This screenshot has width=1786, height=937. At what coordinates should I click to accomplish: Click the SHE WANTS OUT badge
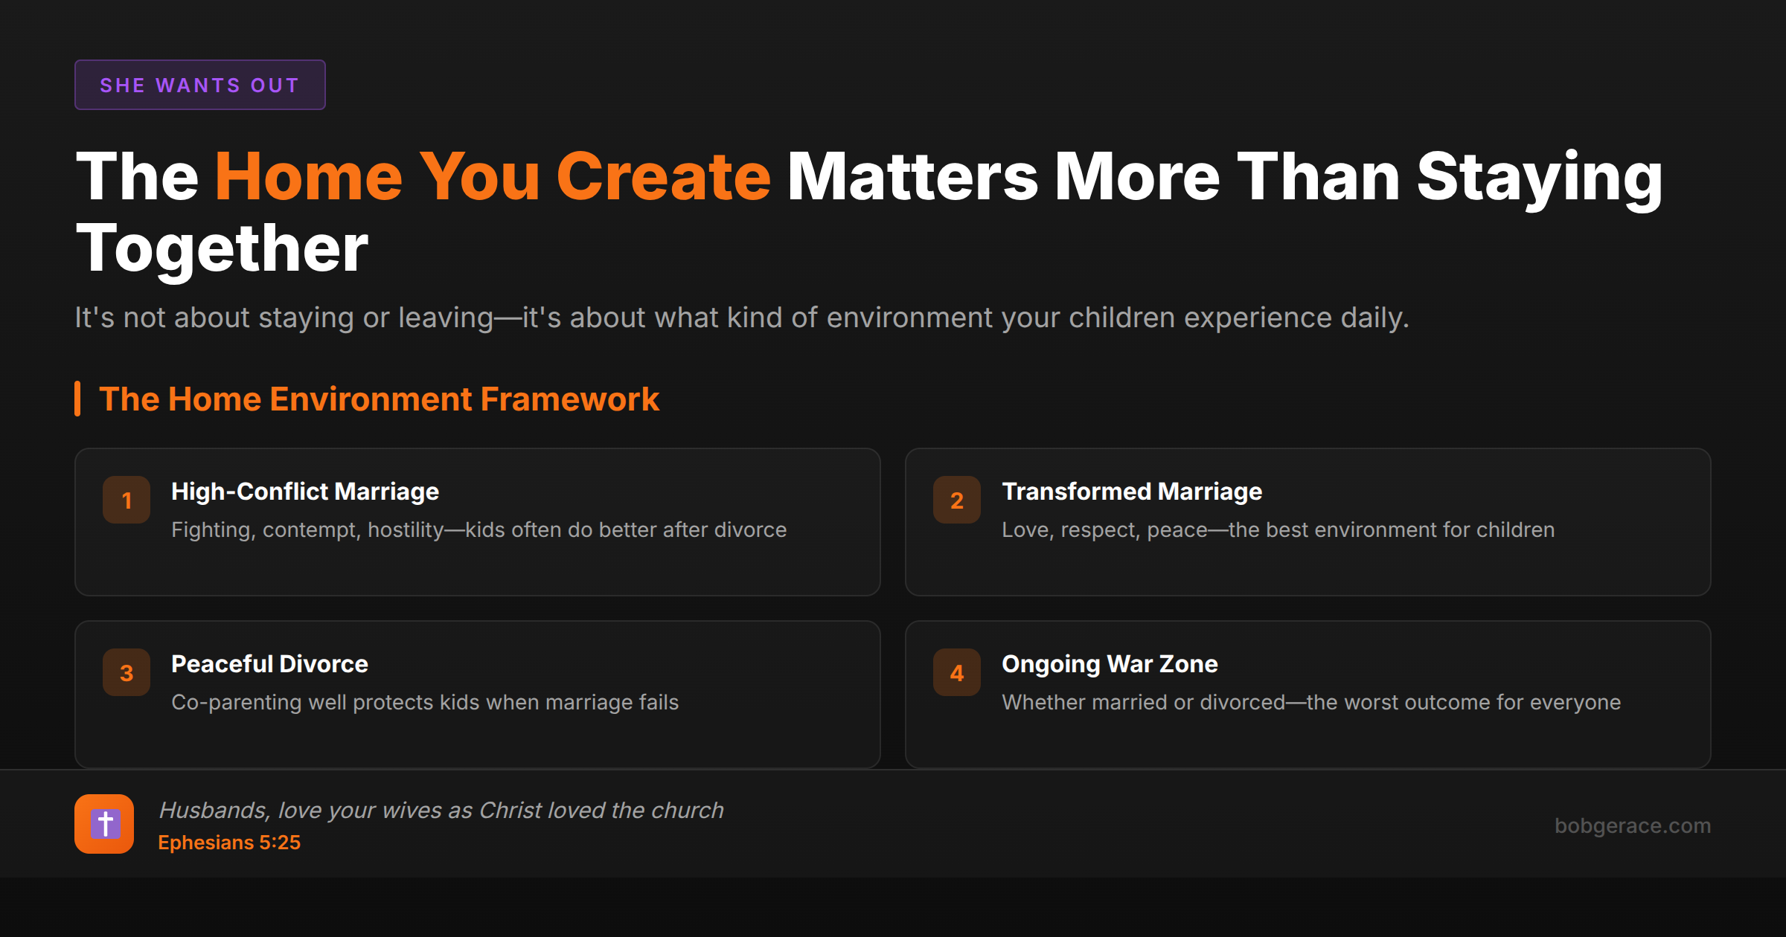click(199, 85)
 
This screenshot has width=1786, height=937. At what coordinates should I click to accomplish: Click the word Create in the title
click(663, 177)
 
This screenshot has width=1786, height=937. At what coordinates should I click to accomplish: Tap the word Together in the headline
click(222, 249)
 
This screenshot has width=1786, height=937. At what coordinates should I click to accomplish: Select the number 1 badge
click(127, 500)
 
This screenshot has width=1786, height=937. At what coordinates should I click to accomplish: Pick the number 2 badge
click(957, 500)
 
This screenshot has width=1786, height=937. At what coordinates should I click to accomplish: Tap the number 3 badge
click(127, 672)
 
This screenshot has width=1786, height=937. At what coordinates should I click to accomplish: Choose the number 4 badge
click(957, 672)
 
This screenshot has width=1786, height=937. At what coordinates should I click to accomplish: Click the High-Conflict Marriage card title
click(305, 492)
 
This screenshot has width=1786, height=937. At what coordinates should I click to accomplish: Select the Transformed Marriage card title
click(1132, 492)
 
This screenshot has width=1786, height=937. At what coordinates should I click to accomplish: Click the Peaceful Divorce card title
click(269, 664)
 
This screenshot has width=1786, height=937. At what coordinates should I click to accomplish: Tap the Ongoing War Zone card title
click(1110, 664)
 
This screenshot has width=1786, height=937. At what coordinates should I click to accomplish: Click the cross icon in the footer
click(104, 824)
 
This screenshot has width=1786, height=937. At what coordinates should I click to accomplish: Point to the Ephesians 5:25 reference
click(229, 843)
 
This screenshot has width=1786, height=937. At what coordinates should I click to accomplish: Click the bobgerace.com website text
click(1633, 825)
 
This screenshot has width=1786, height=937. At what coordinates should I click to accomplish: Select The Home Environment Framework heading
click(379, 399)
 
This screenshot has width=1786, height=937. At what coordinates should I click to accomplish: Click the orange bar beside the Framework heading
click(77, 399)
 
